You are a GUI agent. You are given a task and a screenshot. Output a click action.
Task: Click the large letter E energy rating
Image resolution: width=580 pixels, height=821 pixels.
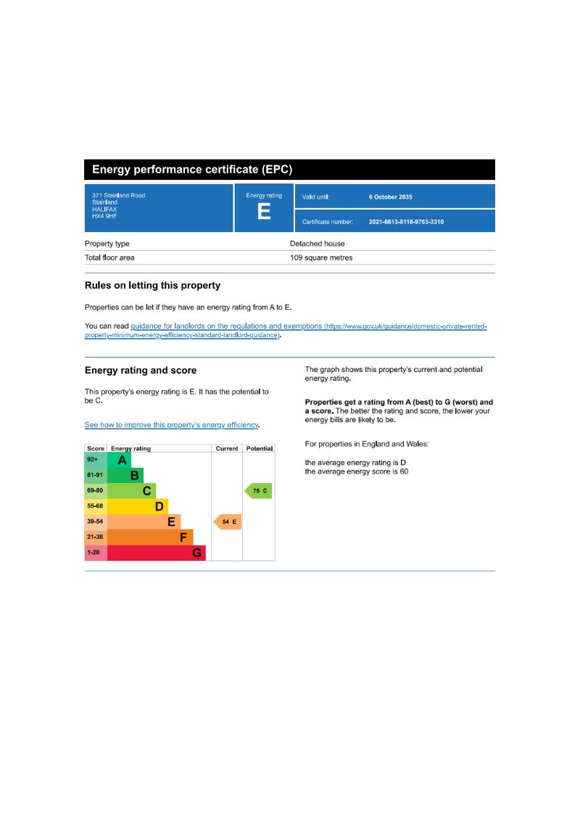pyautogui.click(x=264, y=212)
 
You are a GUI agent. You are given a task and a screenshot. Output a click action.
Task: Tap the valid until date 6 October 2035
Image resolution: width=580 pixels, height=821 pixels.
pyautogui.click(x=390, y=197)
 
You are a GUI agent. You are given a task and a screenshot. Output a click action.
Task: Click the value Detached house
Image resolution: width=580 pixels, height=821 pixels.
pyautogui.click(x=318, y=244)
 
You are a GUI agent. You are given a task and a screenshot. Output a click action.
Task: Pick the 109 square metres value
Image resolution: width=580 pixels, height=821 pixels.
pyautogui.click(x=321, y=257)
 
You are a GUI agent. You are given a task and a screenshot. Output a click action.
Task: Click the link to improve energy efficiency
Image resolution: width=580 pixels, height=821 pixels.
pyautogui.click(x=172, y=425)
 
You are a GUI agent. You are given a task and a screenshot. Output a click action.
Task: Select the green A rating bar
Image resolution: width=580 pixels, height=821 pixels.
pyautogui.click(x=120, y=460)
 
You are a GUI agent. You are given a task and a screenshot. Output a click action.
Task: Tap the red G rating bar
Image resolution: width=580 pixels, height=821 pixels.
pyautogui.click(x=156, y=553)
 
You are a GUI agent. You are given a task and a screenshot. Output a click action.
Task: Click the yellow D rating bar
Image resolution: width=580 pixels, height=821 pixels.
pyautogui.click(x=138, y=506)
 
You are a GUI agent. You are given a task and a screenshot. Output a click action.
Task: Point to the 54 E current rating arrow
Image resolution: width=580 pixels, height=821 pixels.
pyautogui.click(x=228, y=522)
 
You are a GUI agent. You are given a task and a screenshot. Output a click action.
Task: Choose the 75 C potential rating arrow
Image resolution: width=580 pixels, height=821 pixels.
pyautogui.click(x=259, y=491)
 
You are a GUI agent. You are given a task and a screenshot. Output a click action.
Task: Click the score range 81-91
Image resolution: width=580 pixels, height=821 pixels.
pyautogui.click(x=95, y=476)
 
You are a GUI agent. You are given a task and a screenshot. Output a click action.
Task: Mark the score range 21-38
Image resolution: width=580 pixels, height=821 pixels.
pyautogui.click(x=95, y=537)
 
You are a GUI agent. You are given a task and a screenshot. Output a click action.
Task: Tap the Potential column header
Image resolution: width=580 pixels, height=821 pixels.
pyautogui.click(x=260, y=449)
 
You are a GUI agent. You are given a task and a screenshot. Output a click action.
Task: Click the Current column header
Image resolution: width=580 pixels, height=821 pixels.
pyautogui.click(x=227, y=449)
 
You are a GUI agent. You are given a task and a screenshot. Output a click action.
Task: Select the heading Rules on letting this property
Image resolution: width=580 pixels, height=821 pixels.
pyautogui.click(x=152, y=286)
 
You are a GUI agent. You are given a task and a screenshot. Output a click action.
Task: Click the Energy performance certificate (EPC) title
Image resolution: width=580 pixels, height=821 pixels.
pyautogui.click(x=192, y=170)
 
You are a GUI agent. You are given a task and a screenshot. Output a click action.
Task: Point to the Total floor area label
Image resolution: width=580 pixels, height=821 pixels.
pyautogui.click(x=109, y=257)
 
